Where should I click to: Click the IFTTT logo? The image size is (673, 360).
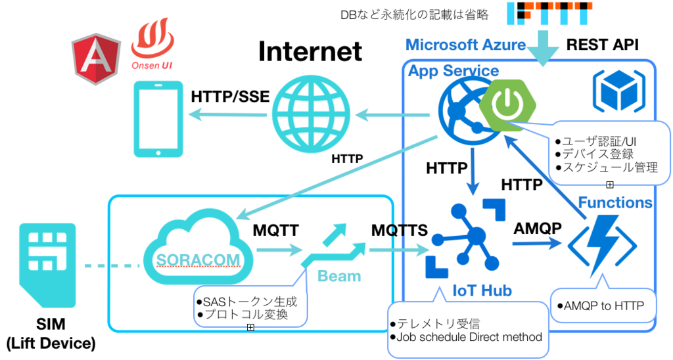[x=549, y=13]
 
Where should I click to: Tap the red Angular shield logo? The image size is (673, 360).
[x=96, y=58]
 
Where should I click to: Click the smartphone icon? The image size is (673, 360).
[x=158, y=120]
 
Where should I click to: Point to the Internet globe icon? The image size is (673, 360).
[x=311, y=114]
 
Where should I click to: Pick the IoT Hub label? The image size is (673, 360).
[x=482, y=290]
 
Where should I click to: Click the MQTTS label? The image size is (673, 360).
[x=400, y=231]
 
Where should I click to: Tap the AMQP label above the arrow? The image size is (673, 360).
[x=538, y=228]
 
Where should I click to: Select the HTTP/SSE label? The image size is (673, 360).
[x=231, y=97]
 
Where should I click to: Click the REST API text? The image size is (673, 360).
[x=602, y=45]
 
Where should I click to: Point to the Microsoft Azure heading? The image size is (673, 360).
[x=466, y=45]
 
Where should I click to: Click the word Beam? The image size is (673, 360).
[x=339, y=276]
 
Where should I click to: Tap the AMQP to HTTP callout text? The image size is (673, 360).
[x=601, y=306]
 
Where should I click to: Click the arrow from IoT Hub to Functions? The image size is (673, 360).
[x=537, y=244]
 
